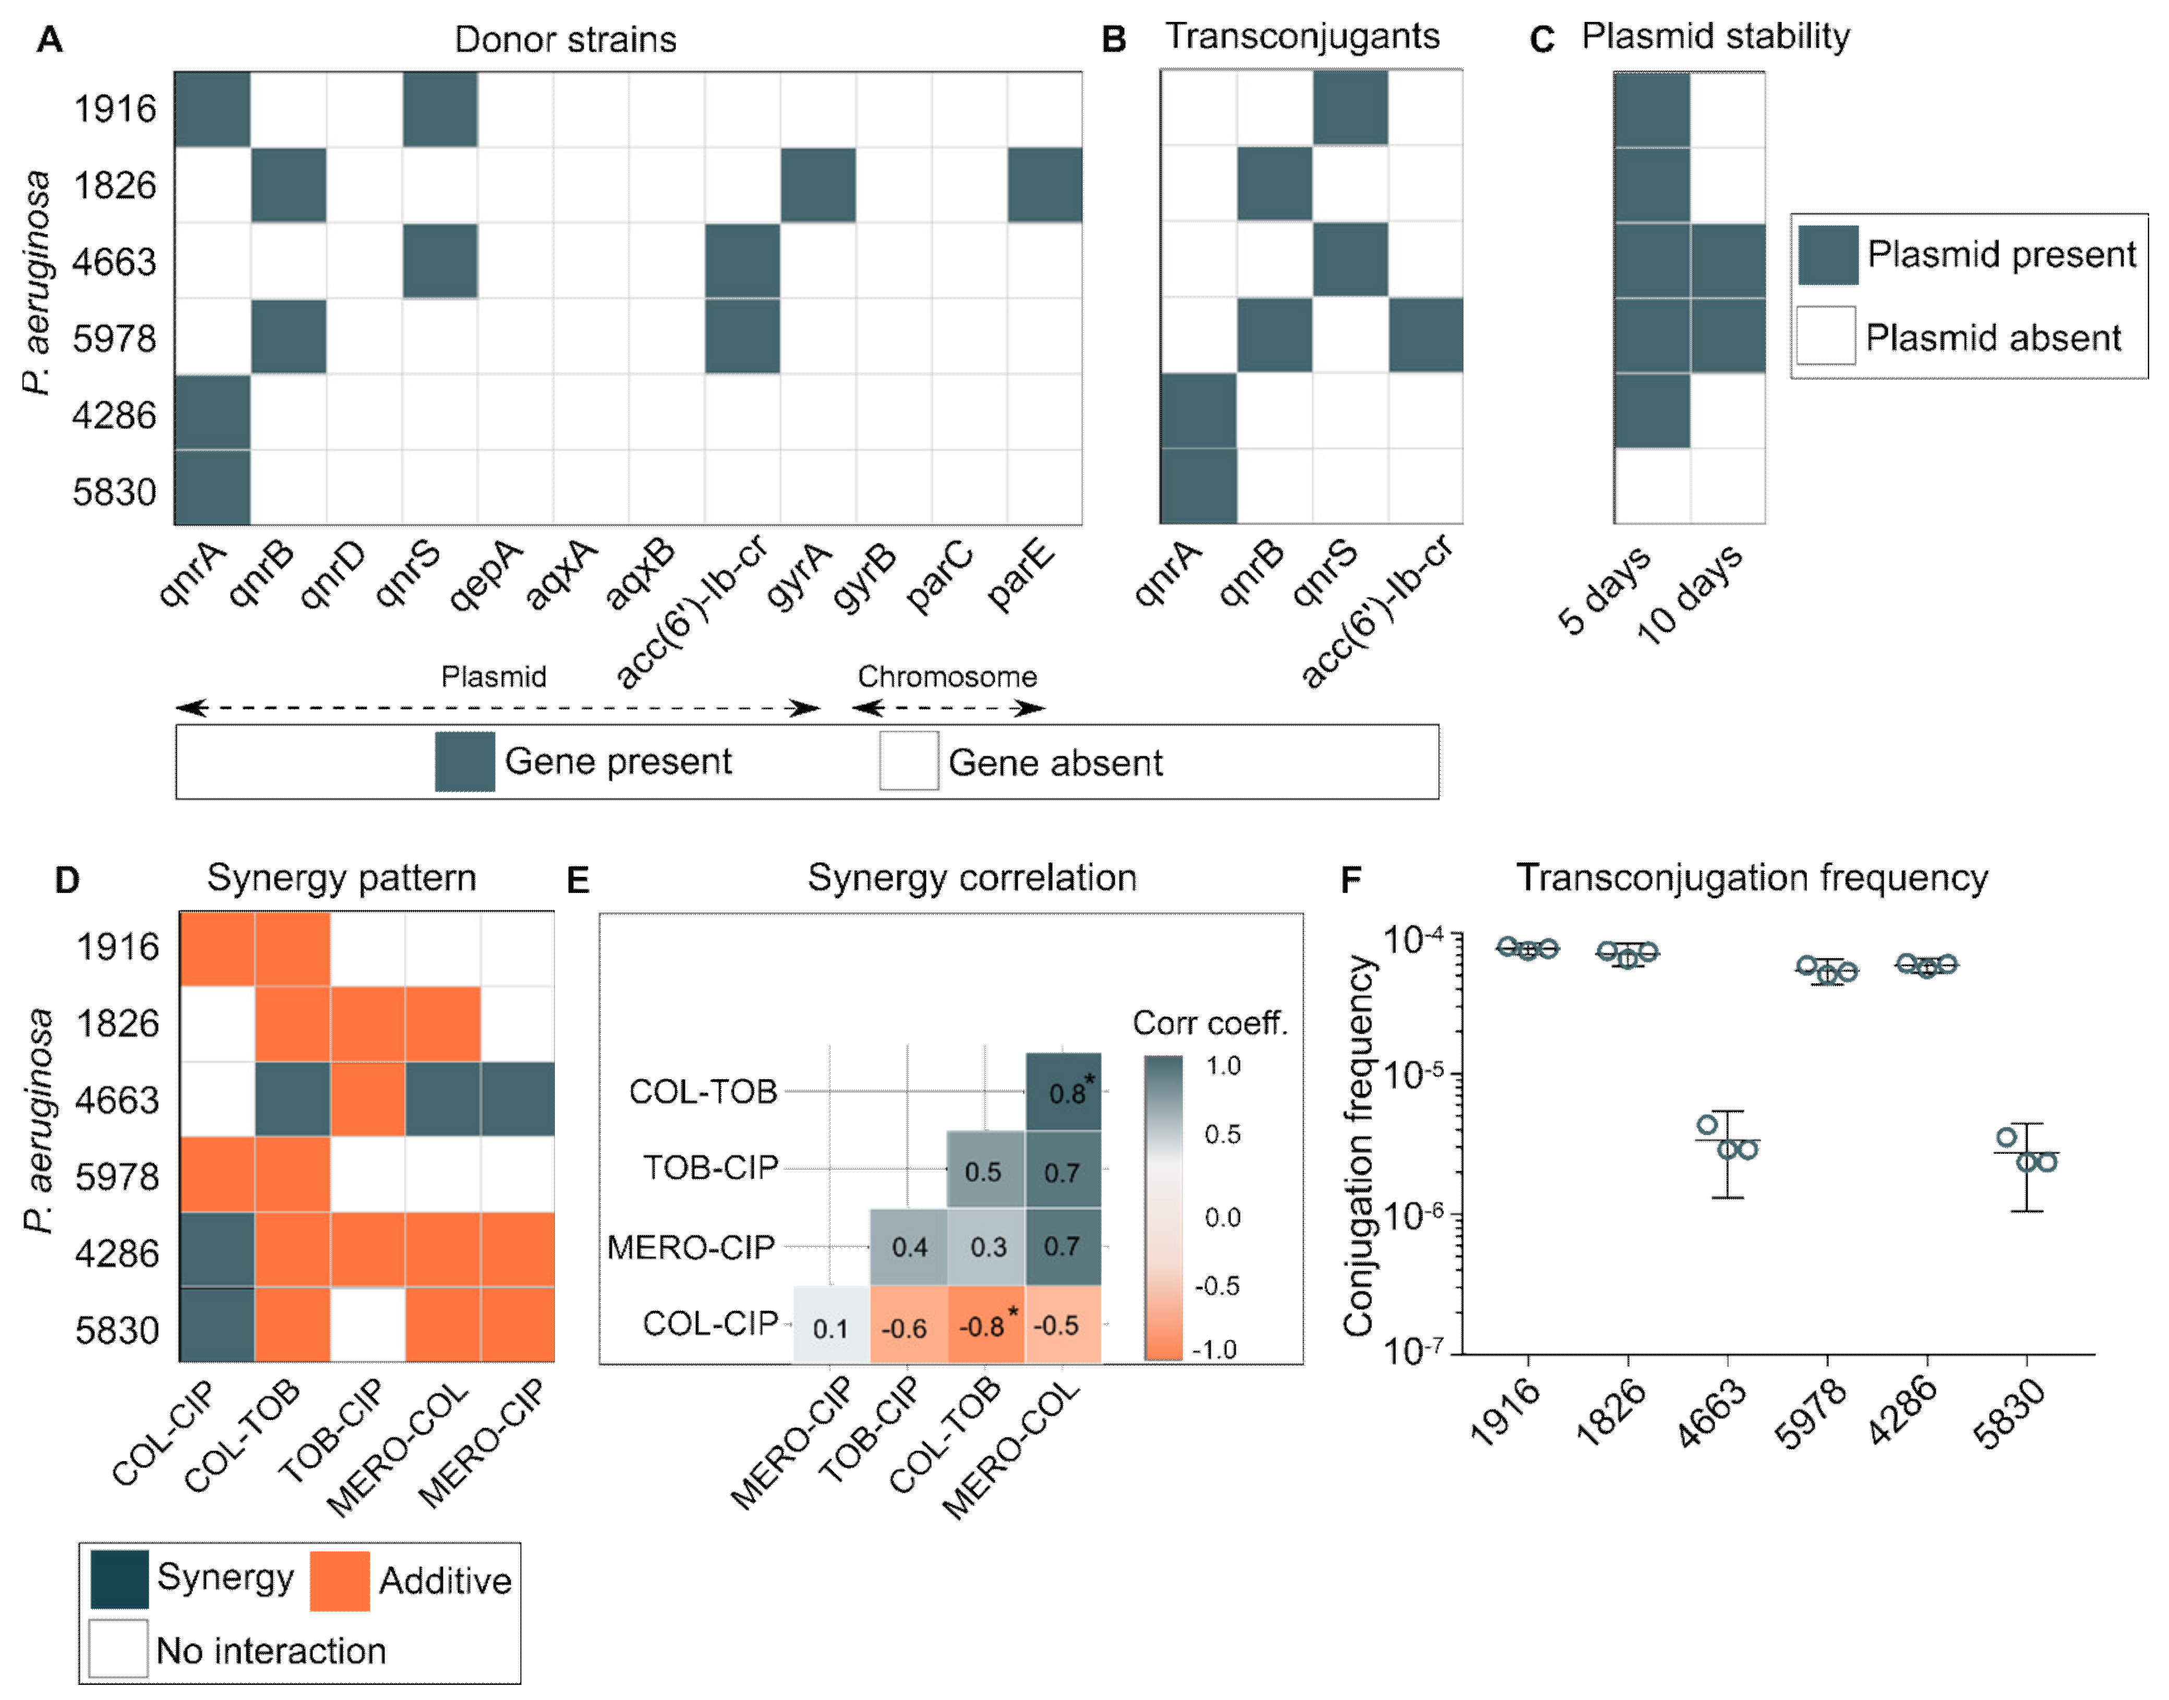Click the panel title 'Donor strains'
pos(565,40)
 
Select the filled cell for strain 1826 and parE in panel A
pos(1044,185)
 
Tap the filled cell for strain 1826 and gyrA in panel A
pos(817,185)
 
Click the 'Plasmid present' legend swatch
pos(1827,255)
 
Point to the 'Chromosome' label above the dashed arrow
pos(947,677)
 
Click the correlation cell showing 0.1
pos(830,1326)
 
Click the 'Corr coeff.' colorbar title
pos(1209,1023)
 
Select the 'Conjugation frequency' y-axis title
pos(1359,1144)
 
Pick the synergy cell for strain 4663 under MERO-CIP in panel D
pos(517,1100)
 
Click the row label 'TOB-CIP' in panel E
pos(710,1167)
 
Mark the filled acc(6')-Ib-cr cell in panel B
pos(1426,335)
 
